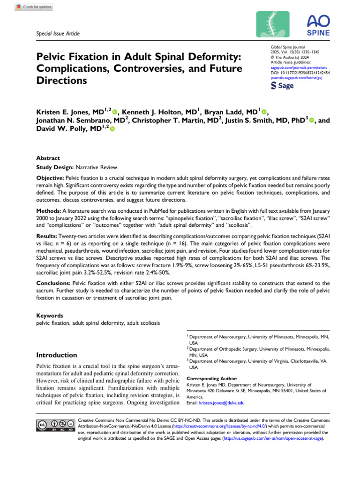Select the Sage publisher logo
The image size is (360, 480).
tap(283, 86)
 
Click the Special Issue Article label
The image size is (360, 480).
tap(58, 34)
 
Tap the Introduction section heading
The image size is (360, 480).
tap(57, 355)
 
